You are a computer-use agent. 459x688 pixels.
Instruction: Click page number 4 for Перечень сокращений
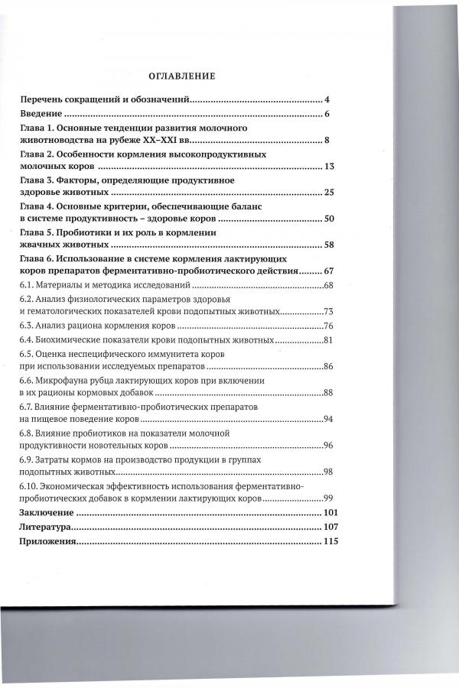click(327, 100)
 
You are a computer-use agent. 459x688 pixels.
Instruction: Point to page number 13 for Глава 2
click(329, 167)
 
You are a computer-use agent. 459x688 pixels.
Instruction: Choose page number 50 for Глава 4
click(330, 219)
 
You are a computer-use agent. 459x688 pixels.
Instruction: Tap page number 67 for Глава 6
click(330, 271)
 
